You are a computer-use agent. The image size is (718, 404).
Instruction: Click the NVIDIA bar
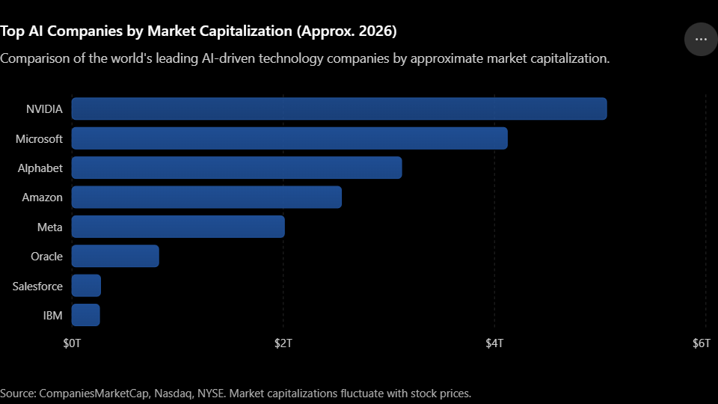[340, 109]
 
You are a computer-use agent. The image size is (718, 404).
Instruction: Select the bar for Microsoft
[289, 138]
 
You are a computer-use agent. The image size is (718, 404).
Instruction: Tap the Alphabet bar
[237, 168]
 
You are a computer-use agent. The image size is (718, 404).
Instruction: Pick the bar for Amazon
[206, 198]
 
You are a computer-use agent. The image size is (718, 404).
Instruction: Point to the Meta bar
[178, 227]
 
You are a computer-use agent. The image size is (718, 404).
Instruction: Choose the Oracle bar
[115, 256]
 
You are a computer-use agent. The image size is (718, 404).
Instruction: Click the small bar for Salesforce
[86, 286]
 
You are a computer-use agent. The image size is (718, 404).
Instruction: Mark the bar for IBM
[85, 315]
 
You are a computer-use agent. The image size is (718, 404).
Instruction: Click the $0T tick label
[72, 343]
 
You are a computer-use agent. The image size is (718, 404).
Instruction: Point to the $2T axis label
[283, 343]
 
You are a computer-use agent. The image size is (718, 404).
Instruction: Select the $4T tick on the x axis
[494, 343]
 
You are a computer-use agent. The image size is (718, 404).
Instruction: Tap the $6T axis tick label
[701, 343]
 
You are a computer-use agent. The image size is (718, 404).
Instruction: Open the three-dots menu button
[701, 40]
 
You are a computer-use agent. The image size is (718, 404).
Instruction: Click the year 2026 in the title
[378, 31]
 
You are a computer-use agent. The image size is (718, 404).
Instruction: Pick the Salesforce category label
[37, 287]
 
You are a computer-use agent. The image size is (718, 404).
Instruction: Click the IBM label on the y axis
[52, 316]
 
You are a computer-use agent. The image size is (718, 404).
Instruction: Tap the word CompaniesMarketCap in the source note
[94, 394]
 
